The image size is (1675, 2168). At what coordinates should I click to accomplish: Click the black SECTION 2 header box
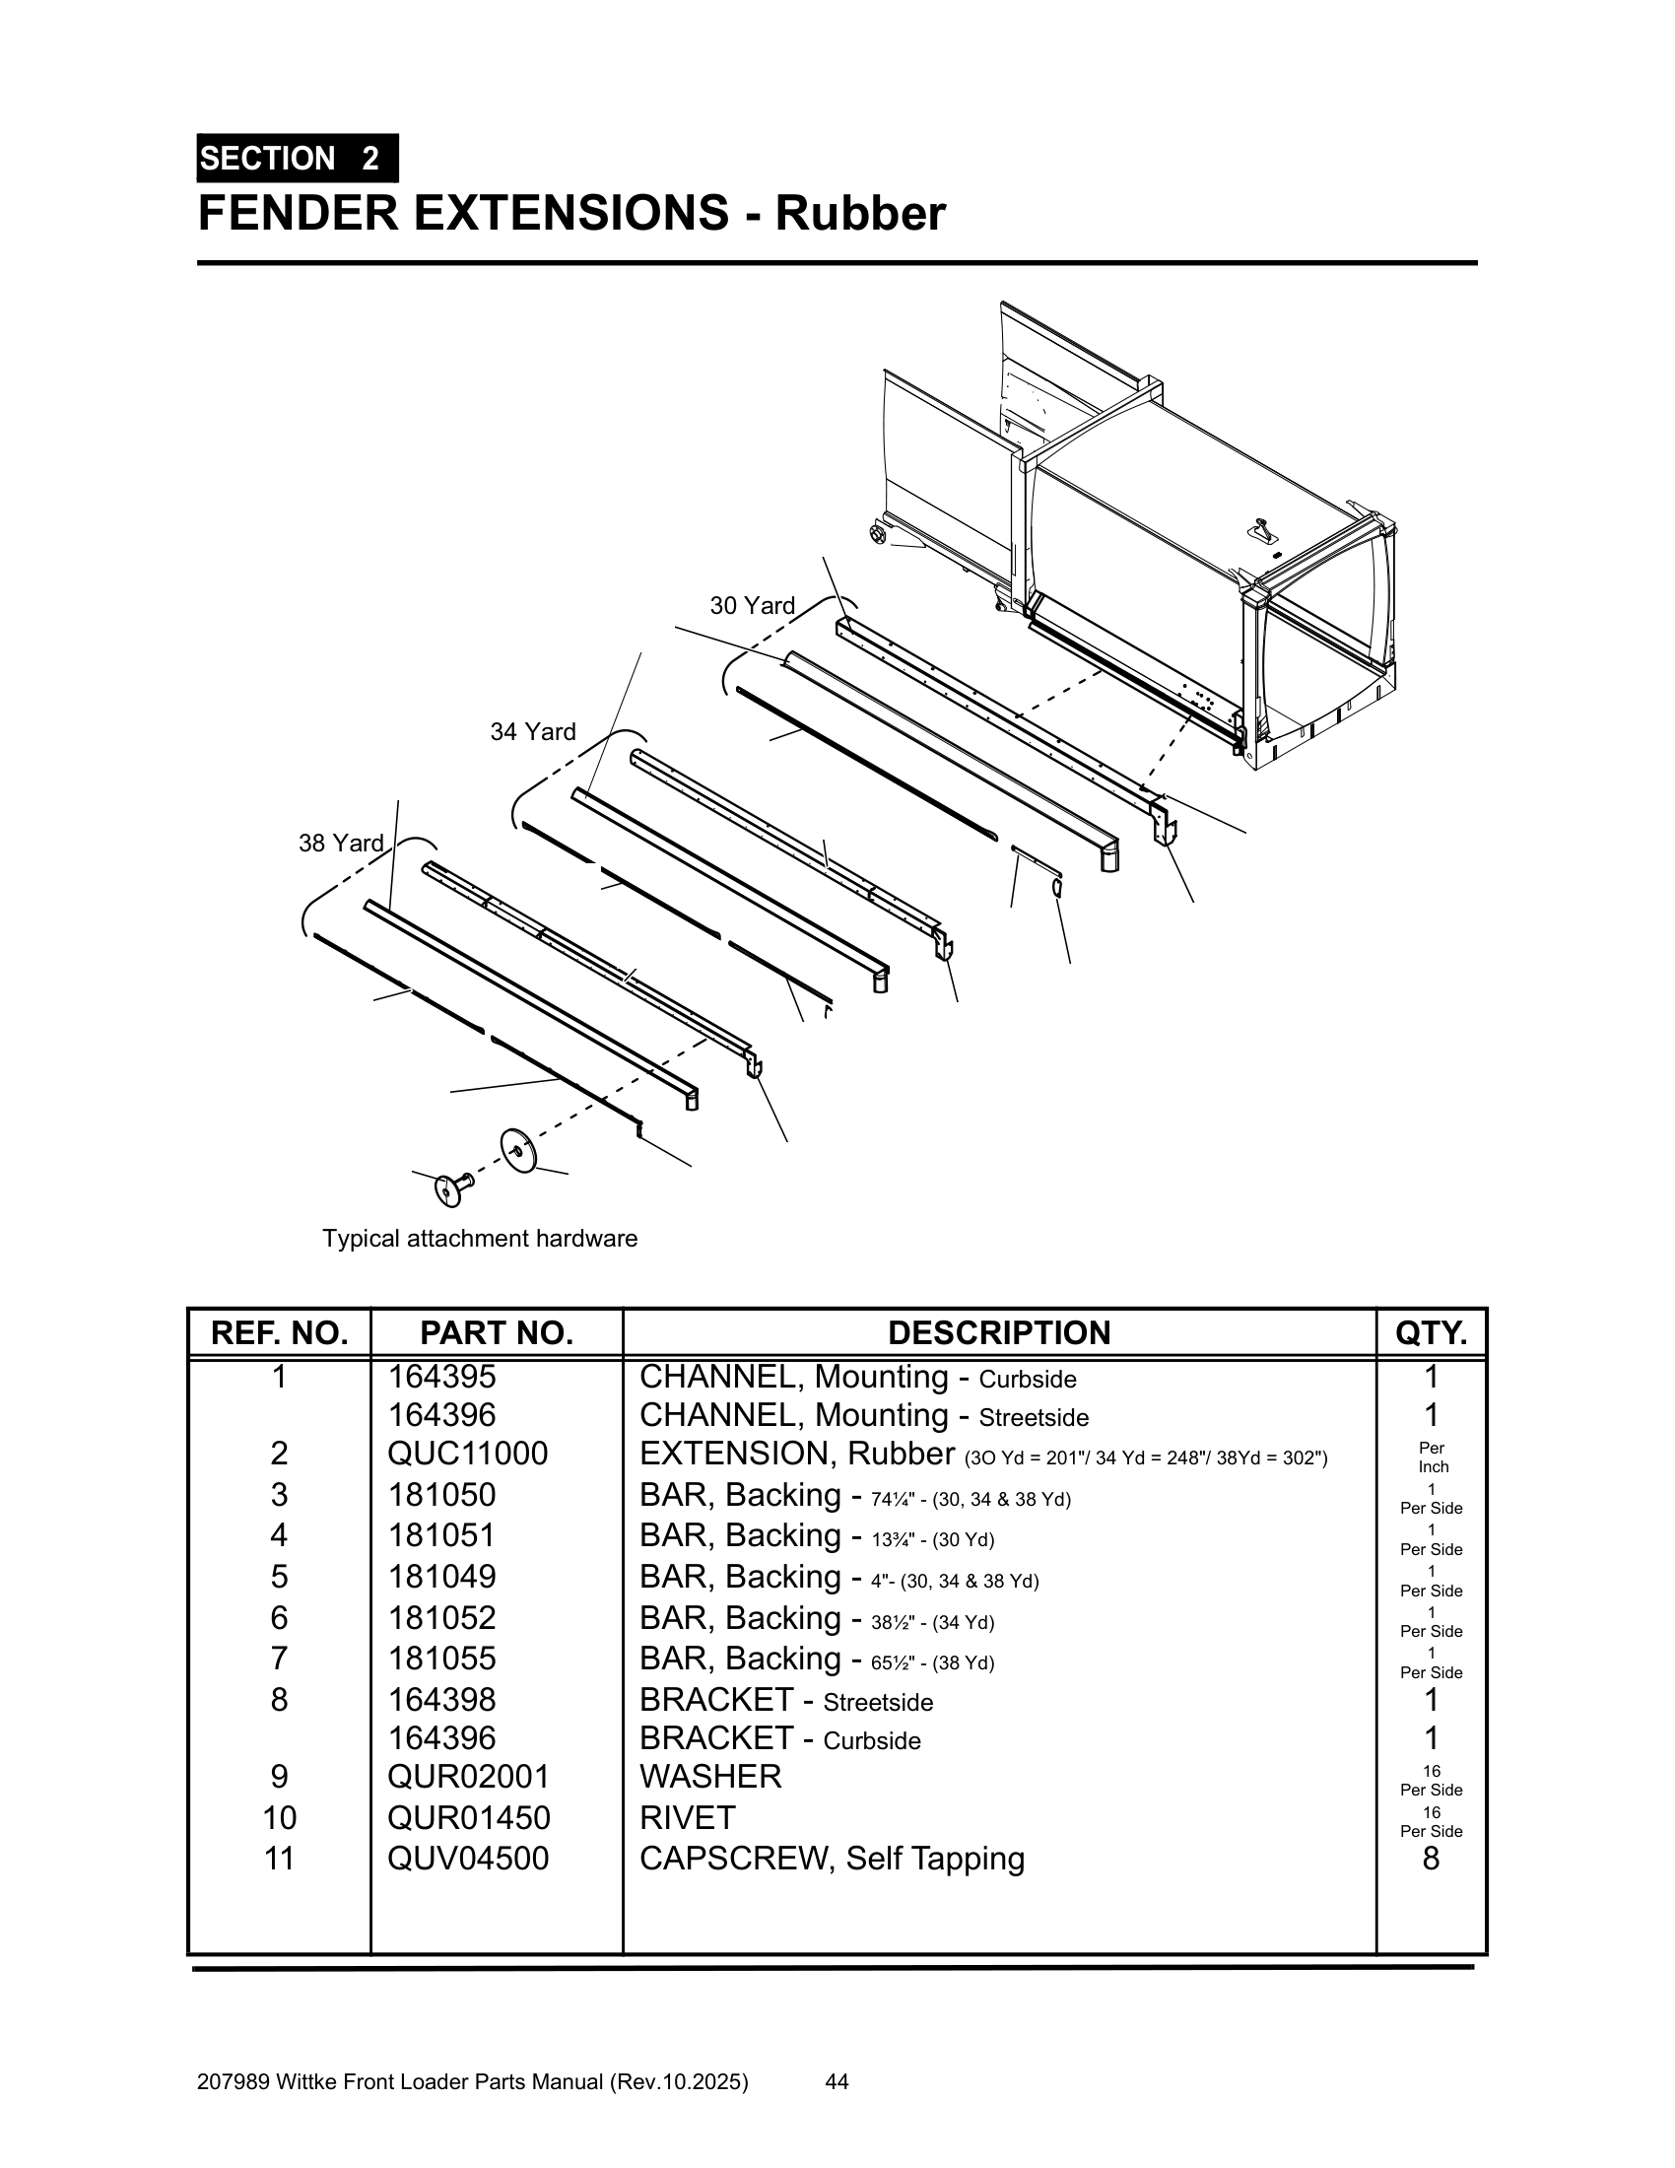click(x=297, y=159)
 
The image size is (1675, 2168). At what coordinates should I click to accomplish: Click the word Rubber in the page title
click(x=860, y=214)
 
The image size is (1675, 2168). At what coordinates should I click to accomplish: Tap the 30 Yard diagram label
click(x=752, y=605)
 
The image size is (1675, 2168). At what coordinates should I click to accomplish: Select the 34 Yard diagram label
click(x=533, y=731)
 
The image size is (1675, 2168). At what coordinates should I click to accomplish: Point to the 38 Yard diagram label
click(x=341, y=843)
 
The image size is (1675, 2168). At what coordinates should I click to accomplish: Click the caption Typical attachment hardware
click(x=479, y=1238)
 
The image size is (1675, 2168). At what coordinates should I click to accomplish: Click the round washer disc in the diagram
click(x=517, y=1148)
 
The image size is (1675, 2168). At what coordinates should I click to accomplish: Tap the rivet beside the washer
click(x=452, y=1186)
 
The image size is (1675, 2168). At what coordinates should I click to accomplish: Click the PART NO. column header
click(x=497, y=1332)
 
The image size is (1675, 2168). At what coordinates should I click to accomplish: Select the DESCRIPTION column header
click(x=998, y=1332)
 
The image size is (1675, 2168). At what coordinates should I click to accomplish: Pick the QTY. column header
click(x=1431, y=1332)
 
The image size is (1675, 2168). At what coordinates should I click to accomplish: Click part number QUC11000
click(x=467, y=1454)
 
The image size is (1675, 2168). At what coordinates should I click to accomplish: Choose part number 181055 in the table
click(x=441, y=1658)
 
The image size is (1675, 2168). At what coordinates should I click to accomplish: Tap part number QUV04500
click(x=467, y=1858)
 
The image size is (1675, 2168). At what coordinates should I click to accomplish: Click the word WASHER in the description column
click(x=710, y=1776)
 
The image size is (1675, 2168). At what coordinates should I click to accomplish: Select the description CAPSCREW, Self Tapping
click(x=832, y=1858)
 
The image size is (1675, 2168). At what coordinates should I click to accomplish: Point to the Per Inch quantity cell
click(x=1432, y=1457)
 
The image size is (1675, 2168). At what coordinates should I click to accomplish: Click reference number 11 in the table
click(x=280, y=1858)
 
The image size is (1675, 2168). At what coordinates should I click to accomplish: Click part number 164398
click(x=441, y=1700)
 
